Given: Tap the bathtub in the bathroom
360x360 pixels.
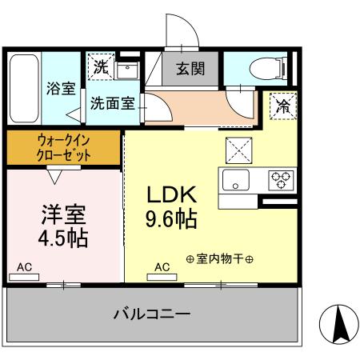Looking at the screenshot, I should [26, 86].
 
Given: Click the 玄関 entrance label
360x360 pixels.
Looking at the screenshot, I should [190, 69].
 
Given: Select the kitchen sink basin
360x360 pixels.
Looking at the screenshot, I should [237, 178].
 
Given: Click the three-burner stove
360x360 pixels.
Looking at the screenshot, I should [280, 178].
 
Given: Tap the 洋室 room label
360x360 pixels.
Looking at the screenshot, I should [63, 215].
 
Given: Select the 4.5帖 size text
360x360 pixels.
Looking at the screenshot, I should [63, 239].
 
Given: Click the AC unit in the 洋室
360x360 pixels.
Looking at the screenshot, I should [24, 275].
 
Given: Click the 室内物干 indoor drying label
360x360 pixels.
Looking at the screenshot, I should [219, 258].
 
